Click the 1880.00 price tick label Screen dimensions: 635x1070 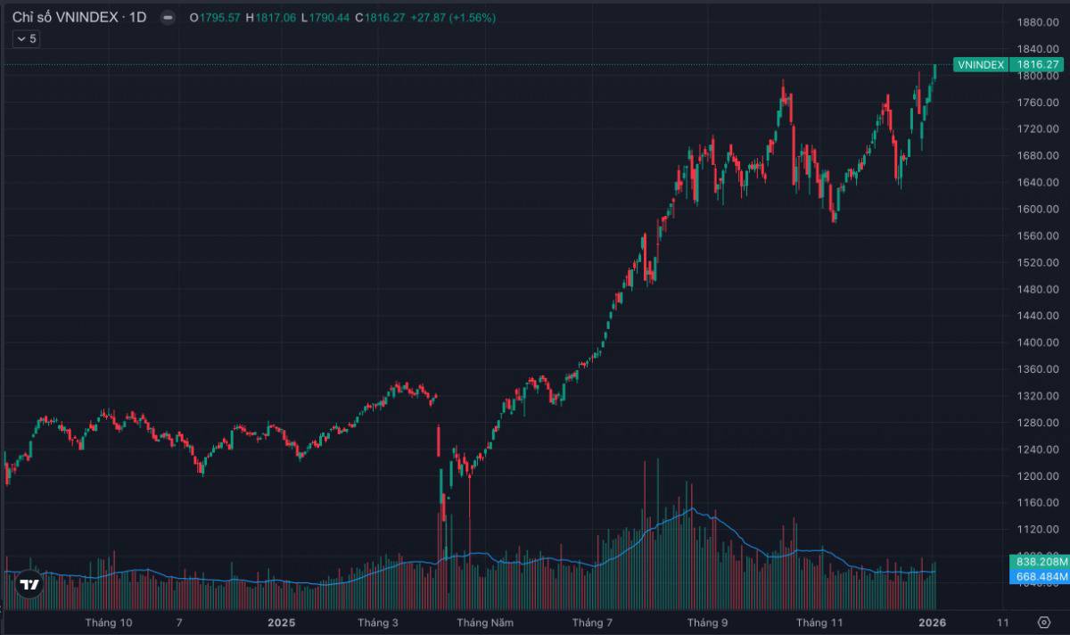point(1039,22)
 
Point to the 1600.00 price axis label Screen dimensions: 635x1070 point(1039,210)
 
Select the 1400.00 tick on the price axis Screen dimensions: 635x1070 point(1039,342)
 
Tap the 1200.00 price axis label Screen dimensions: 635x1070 point(1039,476)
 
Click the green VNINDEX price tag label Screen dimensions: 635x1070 point(981,65)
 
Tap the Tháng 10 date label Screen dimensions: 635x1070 point(109,623)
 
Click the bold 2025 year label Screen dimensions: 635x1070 point(280,623)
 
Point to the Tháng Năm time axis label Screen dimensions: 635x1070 point(485,623)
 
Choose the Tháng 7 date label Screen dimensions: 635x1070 point(592,623)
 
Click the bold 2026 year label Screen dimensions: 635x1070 point(932,623)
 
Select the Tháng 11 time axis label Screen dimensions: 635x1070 point(819,623)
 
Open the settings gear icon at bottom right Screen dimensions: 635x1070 point(1044,622)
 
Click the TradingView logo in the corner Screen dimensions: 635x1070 point(29,585)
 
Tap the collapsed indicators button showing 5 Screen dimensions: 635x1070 point(26,38)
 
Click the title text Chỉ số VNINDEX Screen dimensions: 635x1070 point(63,17)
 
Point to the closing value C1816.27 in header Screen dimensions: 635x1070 point(381,17)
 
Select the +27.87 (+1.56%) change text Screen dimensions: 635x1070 point(453,17)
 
